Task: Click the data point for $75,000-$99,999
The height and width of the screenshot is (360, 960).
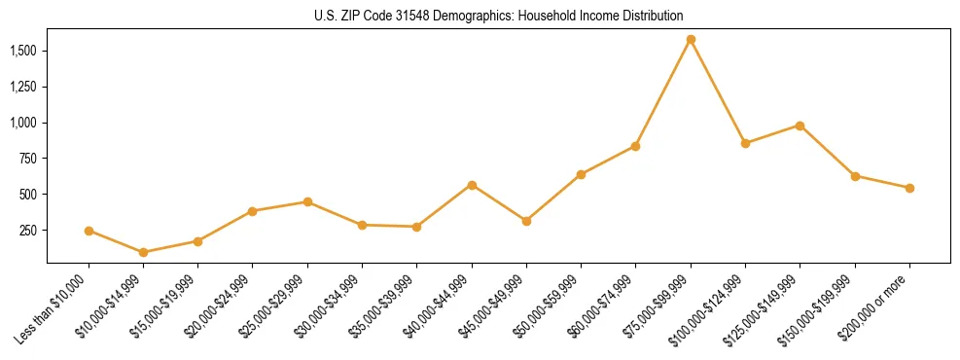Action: pyautogui.click(x=691, y=40)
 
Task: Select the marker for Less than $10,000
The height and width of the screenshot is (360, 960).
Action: pyautogui.click(x=89, y=231)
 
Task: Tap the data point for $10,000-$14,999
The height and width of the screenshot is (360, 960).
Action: pyautogui.click(x=143, y=252)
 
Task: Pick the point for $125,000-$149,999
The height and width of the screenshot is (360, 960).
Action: pyautogui.click(x=800, y=126)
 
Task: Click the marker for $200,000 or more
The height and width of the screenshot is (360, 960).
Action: pyautogui.click(x=909, y=188)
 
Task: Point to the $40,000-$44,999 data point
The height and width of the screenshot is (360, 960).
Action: pyautogui.click(x=472, y=185)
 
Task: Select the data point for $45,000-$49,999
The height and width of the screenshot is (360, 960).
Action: pyautogui.click(x=526, y=221)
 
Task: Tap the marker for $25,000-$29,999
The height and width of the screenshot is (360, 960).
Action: pyautogui.click(x=307, y=201)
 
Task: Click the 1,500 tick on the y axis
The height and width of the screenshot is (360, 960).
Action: pyautogui.click(x=24, y=51)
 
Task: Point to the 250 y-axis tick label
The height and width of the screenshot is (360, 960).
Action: pyautogui.click(x=28, y=231)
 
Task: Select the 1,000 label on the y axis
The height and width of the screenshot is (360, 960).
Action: pyautogui.click(x=24, y=123)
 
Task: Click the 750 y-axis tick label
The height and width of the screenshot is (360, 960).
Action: pyautogui.click(x=28, y=159)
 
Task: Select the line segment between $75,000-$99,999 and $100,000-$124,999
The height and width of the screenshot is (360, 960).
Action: pyautogui.click(x=718, y=91)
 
